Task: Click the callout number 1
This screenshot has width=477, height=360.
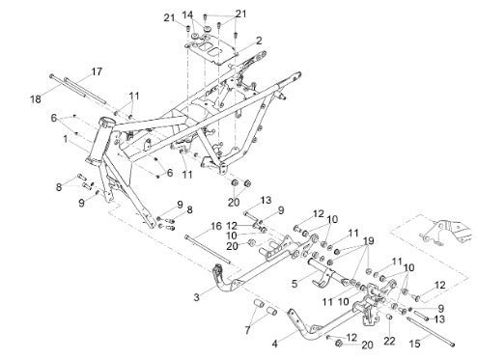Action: [66, 139]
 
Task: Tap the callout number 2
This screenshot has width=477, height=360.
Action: [259, 41]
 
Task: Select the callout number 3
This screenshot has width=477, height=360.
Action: [196, 297]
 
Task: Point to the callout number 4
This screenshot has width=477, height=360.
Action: [274, 344]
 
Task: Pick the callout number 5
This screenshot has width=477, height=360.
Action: [295, 284]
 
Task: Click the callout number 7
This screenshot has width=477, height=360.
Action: [247, 330]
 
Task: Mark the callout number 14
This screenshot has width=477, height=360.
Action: [187, 14]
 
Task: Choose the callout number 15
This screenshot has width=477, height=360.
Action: [414, 344]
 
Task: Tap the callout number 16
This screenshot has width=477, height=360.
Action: [216, 226]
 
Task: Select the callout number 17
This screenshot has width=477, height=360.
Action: [97, 71]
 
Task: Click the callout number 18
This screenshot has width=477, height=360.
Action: [36, 99]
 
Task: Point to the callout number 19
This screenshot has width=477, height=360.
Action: [369, 241]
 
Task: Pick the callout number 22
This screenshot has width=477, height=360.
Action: [389, 341]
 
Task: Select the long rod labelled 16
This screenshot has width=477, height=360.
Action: [208, 250]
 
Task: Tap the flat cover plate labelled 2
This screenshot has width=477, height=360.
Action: [211, 49]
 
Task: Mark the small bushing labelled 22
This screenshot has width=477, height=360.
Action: [389, 318]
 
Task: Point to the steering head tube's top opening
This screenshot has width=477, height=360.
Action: [107, 122]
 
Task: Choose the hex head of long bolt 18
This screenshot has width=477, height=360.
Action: [51, 76]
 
